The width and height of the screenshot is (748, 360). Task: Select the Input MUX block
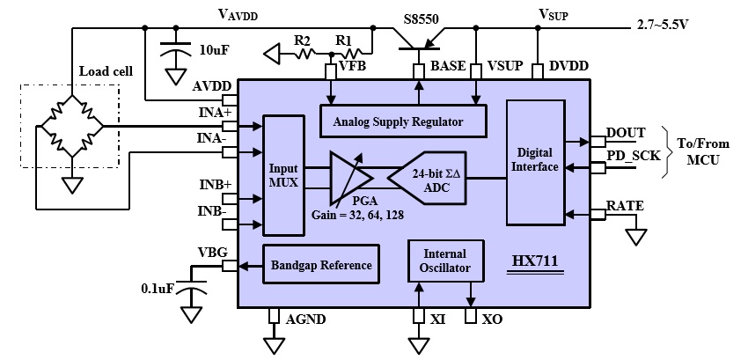point(284,175)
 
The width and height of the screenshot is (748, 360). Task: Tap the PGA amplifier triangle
point(350,176)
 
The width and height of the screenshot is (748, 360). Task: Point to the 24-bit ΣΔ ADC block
point(427,178)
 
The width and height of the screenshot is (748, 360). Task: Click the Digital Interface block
point(535,162)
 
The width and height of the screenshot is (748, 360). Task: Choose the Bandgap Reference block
point(321,265)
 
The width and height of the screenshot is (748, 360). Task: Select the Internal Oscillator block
point(445,261)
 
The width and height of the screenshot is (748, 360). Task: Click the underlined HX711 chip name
point(535,261)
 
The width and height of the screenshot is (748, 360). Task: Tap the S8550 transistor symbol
point(419,40)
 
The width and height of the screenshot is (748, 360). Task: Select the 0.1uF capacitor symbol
point(192,286)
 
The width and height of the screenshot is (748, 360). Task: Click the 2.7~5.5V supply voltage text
point(663,26)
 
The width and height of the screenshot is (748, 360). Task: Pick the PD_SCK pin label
point(634,157)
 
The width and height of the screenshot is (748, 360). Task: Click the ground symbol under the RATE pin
point(636,237)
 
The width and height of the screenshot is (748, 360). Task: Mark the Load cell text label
point(106,71)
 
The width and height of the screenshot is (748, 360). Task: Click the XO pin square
point(471,316)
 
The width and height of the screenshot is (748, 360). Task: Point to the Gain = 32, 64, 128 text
point(358,216)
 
